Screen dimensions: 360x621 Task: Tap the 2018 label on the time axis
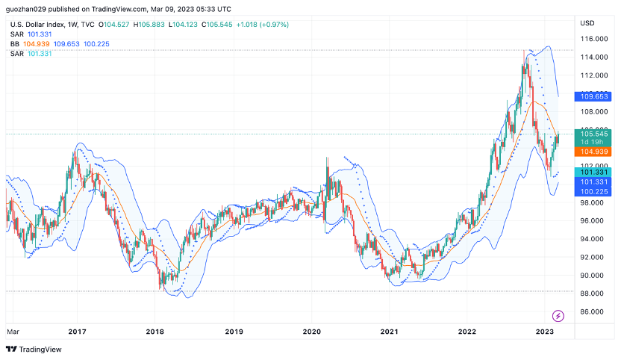coord(155,331)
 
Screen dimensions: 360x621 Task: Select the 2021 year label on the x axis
coord(389,331)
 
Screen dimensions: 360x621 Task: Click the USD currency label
coord(587,23)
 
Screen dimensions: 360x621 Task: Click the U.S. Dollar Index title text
coord(38,25)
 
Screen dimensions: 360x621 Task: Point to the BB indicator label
coord(14,44)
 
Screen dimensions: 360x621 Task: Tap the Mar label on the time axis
coord(13,331)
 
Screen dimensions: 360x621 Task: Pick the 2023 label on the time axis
coord(544,331)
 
